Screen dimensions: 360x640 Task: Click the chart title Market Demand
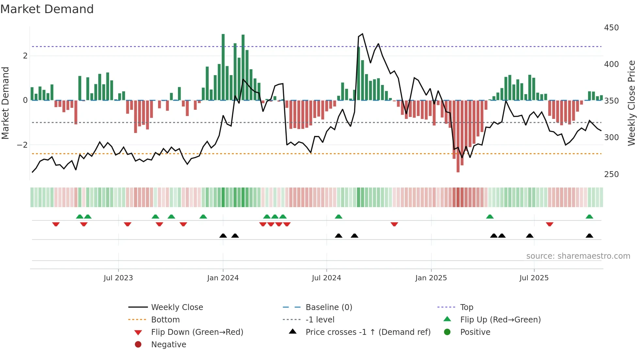47,9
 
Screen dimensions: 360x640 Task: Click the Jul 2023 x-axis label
118,278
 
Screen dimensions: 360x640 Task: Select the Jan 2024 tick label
223,278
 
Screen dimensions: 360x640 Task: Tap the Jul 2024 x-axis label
326,278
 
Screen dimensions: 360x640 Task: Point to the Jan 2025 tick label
431,278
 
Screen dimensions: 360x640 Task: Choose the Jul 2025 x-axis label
534,278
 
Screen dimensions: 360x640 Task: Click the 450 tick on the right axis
611,28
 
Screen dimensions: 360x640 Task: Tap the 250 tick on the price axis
611,174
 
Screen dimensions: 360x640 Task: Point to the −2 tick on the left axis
22,145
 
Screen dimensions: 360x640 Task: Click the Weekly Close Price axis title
632,103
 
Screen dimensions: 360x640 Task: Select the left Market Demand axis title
6,103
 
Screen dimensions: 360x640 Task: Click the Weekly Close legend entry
177,307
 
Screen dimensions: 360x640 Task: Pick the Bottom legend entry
165,320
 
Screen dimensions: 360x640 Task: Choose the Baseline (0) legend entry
328,307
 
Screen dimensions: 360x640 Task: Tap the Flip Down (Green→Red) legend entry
197,332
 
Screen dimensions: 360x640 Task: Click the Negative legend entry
168,345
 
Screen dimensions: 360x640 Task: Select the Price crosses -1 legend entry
368,332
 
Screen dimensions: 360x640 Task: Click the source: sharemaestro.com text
578,256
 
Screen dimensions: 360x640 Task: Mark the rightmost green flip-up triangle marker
589,217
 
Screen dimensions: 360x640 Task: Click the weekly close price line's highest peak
362,34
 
